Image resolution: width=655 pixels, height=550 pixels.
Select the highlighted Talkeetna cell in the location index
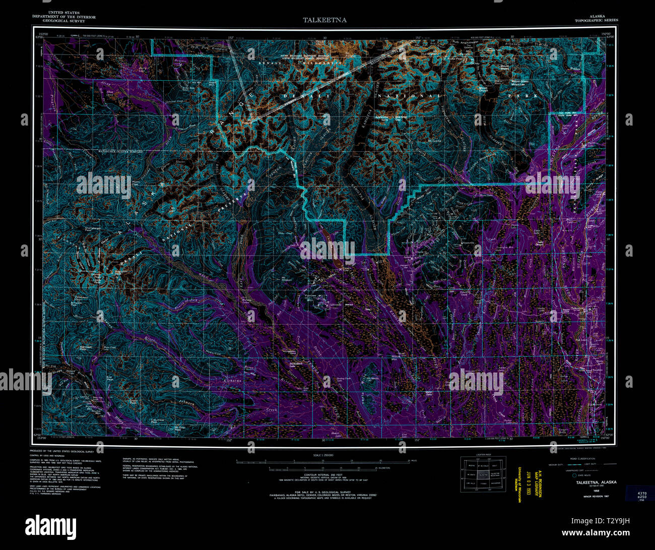[x=483, y=475]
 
